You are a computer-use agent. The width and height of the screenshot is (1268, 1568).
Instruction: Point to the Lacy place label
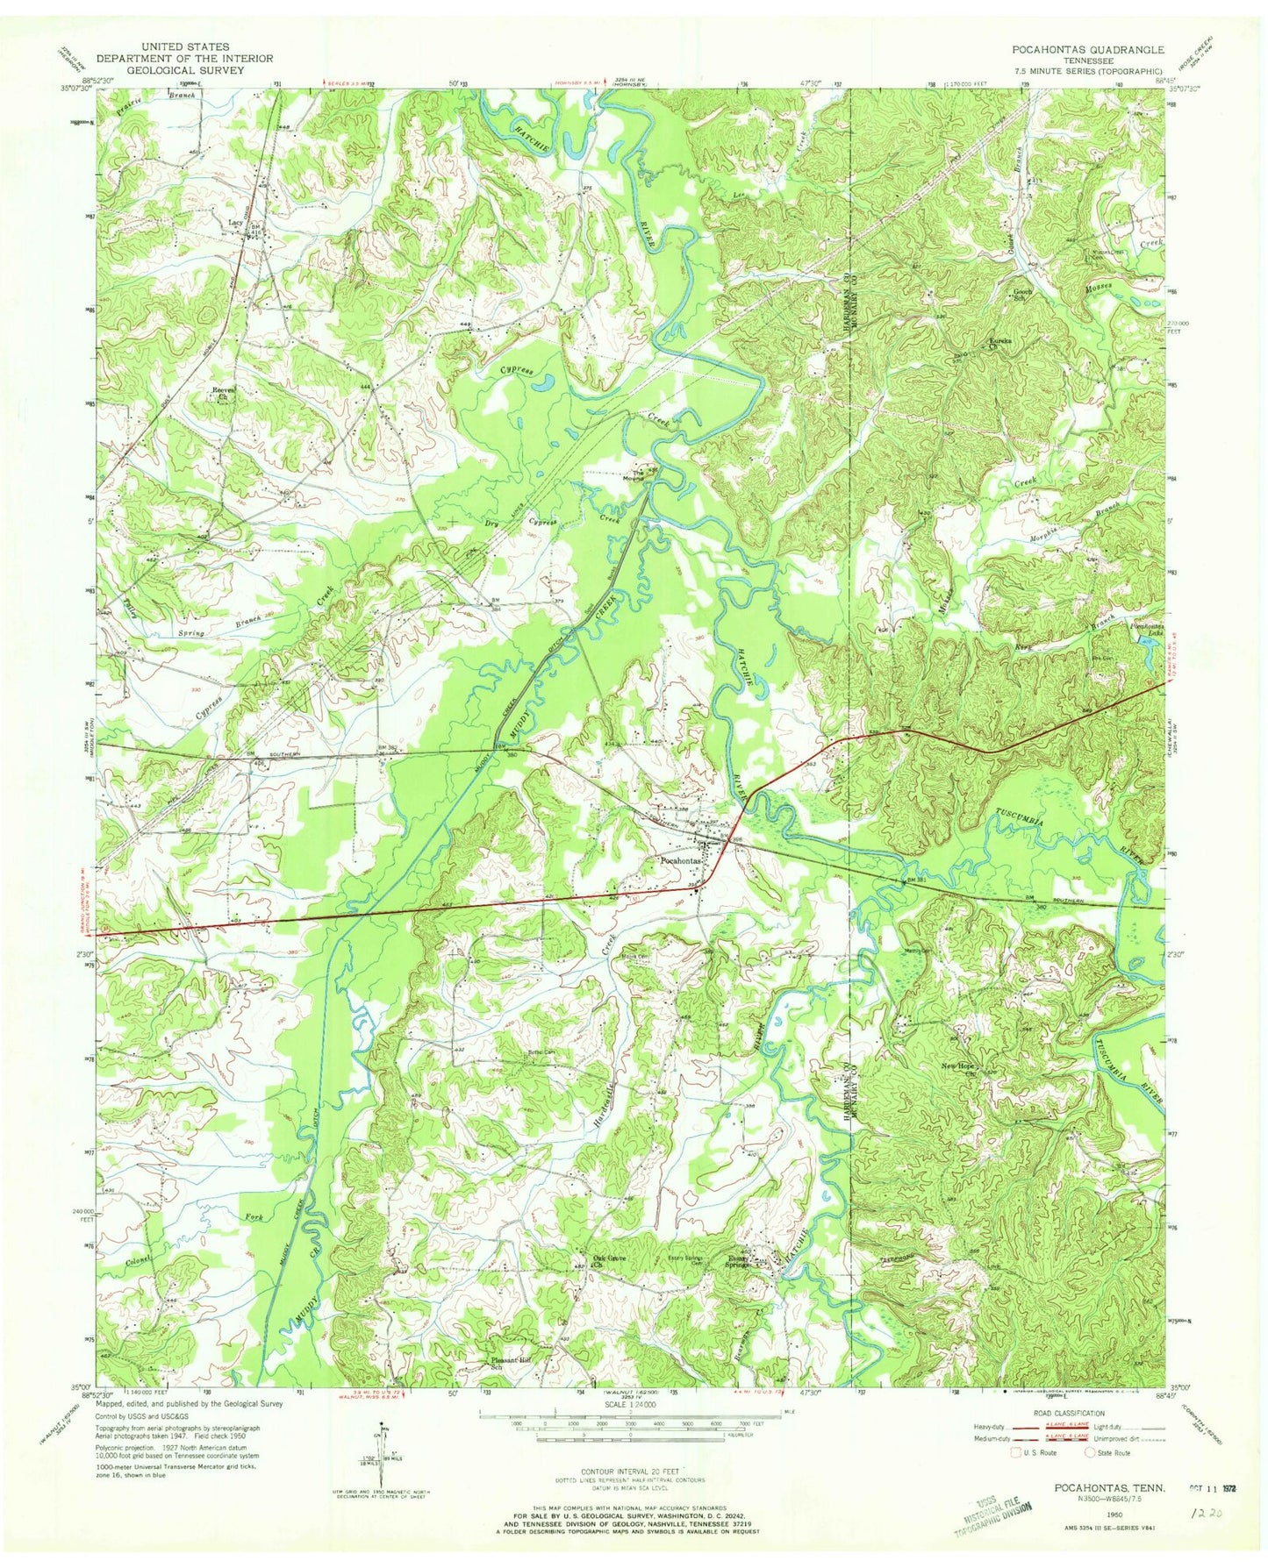pyautogui.click(x=234, y=225)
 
